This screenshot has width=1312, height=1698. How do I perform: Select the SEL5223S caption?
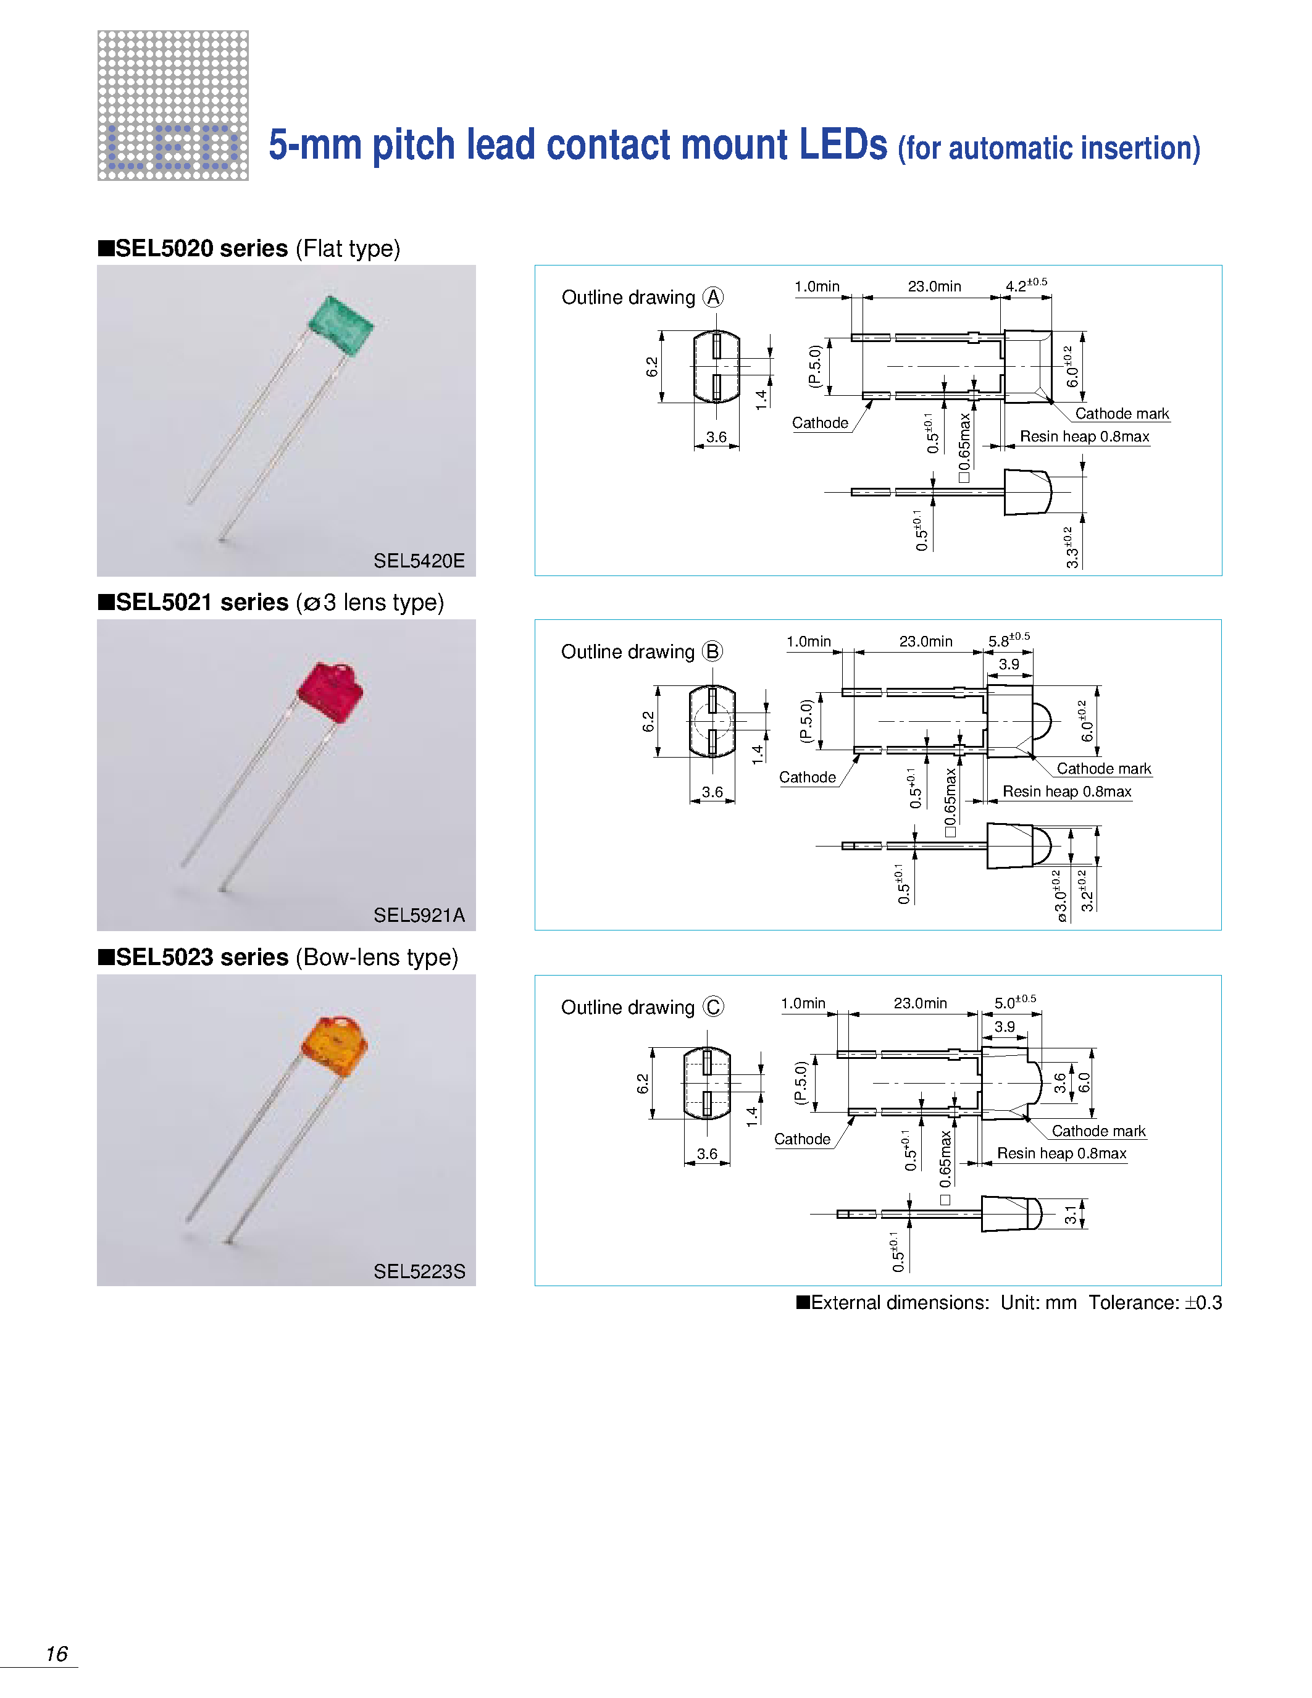point(419,1271)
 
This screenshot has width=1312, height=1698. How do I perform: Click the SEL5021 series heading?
point(202,603)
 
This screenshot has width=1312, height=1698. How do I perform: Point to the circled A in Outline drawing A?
point(712,297)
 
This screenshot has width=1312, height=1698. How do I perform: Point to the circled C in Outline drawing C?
point(712,1007)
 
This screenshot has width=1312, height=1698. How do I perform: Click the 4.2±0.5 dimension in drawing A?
point(1025,285)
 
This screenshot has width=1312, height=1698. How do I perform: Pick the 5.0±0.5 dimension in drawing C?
point(1014,1002)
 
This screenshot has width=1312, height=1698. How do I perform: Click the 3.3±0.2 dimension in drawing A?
point(1072,547)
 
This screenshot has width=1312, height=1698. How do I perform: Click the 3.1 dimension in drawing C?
point(1071,1215)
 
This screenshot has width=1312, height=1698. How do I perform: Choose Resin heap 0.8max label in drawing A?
point(1084,436)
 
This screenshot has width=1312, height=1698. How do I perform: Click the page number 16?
point(57,1654)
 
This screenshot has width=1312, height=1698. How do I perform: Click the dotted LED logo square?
point(172,106)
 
